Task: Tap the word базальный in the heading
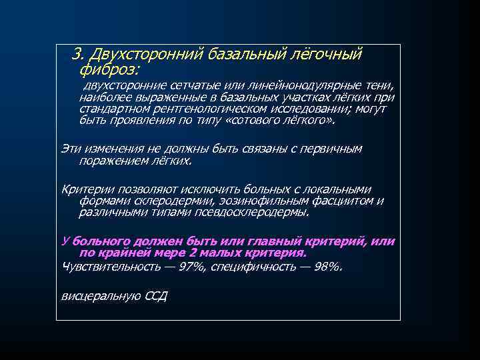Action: coord(241,53)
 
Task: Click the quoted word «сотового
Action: coord(250,121)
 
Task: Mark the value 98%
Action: coord(325,266)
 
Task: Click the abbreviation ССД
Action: coord(155,295)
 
